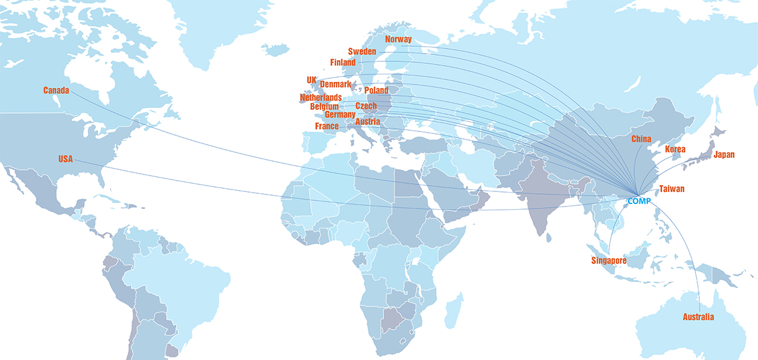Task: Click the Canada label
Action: [56, 90]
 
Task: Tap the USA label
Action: [66, 159]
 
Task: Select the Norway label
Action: [398, 39]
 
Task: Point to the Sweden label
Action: [362, 51]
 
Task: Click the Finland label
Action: [343, 63]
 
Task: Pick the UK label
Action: [311, 80]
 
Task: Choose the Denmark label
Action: [335, 84]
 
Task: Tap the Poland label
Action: [376, 91]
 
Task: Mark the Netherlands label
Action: [320, 98]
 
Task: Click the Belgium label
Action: [325, 107]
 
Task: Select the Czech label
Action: [366, 106]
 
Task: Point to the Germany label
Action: [340, 115]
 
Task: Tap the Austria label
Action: [367, 121]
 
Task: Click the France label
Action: [327, 126]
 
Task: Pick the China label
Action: [642, 138]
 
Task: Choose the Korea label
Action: [675, 150]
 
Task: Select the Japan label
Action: [724, 155]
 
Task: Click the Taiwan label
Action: [671, 189]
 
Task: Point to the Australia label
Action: [699, 317]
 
